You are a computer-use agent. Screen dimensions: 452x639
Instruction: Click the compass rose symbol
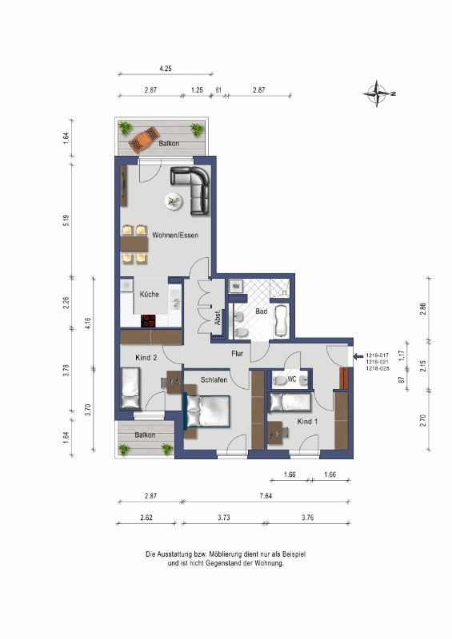(x=378, y=93)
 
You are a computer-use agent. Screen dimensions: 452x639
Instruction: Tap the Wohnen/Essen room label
(x=175, y=235)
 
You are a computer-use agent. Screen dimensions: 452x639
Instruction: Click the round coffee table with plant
(x=174, y=201)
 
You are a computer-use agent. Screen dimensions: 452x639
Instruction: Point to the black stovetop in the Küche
(x=149, y=321)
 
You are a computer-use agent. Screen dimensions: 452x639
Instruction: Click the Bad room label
(x=262, y=312)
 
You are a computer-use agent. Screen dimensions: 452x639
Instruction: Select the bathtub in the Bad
(x=281, y=321)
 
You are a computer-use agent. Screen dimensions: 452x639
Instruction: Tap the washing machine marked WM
(x=235, y=286)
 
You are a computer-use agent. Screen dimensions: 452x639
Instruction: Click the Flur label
(x=238, y=353)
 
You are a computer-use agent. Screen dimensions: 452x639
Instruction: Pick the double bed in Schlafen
(x=207, y=411)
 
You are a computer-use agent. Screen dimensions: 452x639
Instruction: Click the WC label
(x=291, y=379)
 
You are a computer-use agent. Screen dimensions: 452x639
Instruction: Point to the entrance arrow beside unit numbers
(x=358, y=356)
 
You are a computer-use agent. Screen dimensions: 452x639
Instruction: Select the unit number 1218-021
(x=378, y=362)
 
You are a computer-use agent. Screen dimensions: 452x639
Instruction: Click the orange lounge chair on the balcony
(x=144, y=140)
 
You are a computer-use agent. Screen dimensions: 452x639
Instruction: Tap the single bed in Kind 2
(x=131, y=388)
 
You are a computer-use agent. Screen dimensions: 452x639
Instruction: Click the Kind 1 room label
(x=307, y=422)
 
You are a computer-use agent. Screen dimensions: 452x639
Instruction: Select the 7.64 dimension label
(x=266, y=496)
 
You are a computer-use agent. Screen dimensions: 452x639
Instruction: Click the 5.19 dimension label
(x=67, y=221)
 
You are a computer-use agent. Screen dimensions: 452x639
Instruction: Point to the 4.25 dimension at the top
(x=166, y=69)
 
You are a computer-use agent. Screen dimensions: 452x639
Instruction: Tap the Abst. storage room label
(x=218, y=317)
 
